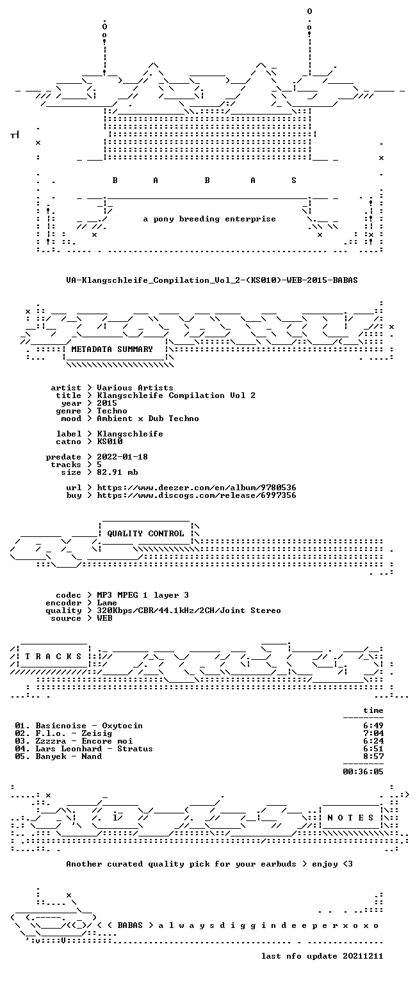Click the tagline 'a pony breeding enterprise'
point(209,219)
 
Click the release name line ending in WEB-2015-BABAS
point(212,280)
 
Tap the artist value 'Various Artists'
point(135,387)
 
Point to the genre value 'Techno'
point(112,411)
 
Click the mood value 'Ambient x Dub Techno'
point(148,418)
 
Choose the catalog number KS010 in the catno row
point(110,442)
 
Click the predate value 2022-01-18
point(122,457)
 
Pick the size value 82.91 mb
point(117,472)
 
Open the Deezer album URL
point(197,488)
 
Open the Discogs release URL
point(197,495)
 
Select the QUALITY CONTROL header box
point(146,534)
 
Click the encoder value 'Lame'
point(107,603)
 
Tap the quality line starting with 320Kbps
point(189,611)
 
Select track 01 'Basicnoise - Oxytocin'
point(79,726)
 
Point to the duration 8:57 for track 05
point(373,756)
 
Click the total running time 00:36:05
point(363,771)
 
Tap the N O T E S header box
point(350,818)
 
